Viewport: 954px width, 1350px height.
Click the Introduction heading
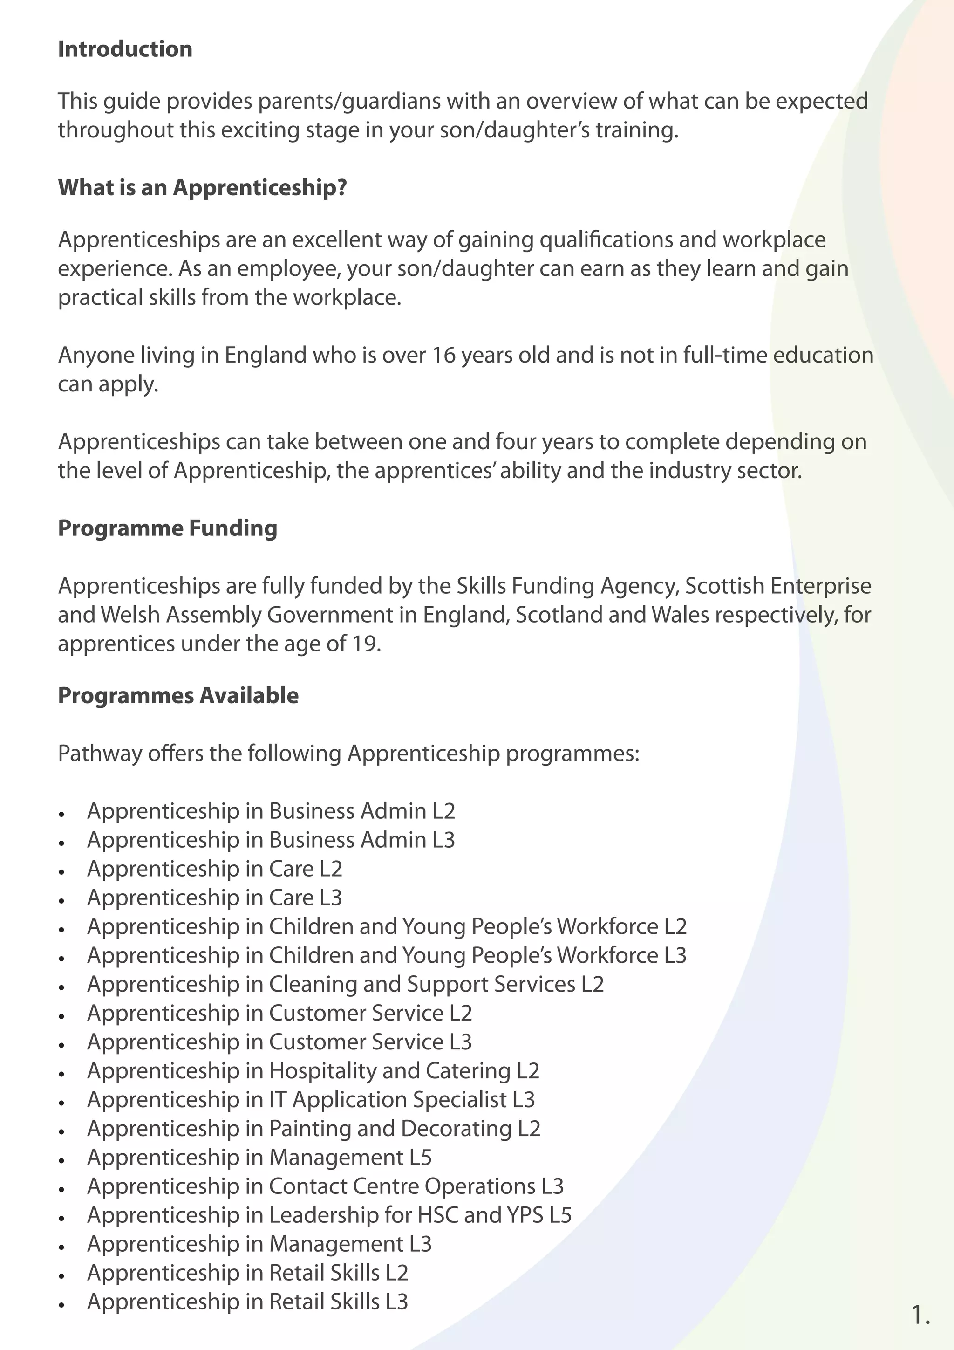125,49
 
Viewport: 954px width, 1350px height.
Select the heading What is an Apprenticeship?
202,188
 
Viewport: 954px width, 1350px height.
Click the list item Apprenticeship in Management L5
259,1157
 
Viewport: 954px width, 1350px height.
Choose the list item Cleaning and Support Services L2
345,984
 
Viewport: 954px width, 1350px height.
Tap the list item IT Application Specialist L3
311,1099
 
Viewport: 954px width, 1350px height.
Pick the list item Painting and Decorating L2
313,1128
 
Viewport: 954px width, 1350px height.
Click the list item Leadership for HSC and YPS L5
329,1215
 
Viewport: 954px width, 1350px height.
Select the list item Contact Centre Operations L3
325,1186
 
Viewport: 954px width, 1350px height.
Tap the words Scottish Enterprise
777,586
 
